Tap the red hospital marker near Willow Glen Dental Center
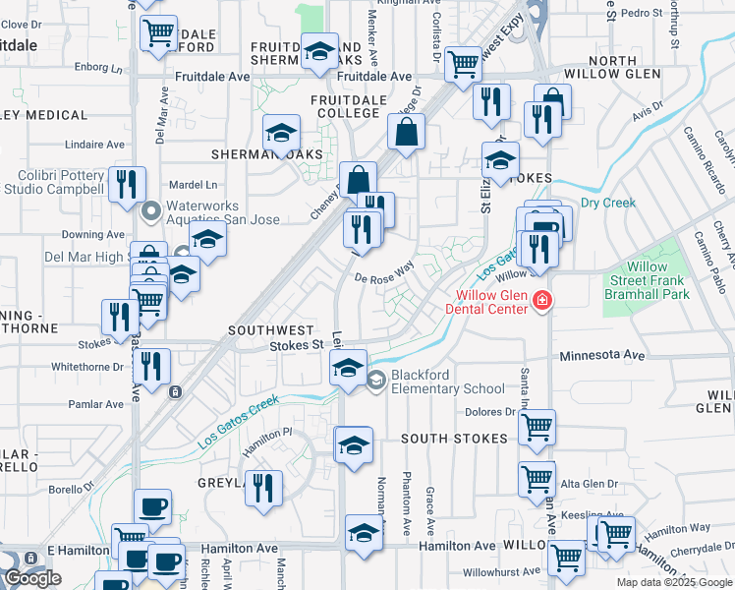(540, 301)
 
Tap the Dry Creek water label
(608, 204)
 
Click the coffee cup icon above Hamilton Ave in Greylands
(152, 507)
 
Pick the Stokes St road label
(297, 345)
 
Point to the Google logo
(32, 578)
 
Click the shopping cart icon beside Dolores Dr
(537, 427)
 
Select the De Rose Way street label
(384, 277)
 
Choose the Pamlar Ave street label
(95, 404)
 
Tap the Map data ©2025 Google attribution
(673, 582)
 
